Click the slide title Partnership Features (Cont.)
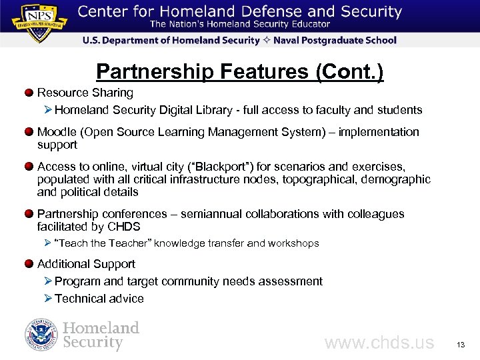point(240,71)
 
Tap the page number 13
point(460,345)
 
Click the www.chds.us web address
point(379,343)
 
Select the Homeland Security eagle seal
point(41,335)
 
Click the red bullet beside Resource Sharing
point(29,93)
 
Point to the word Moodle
point(56,132)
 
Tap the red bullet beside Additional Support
point(29,264)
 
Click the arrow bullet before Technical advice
point(48,299)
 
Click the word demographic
point(394,179)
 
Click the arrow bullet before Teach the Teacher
point(48,243)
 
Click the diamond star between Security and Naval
point(265,40)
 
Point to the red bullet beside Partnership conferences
point(29,214)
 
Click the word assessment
point(291,281)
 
